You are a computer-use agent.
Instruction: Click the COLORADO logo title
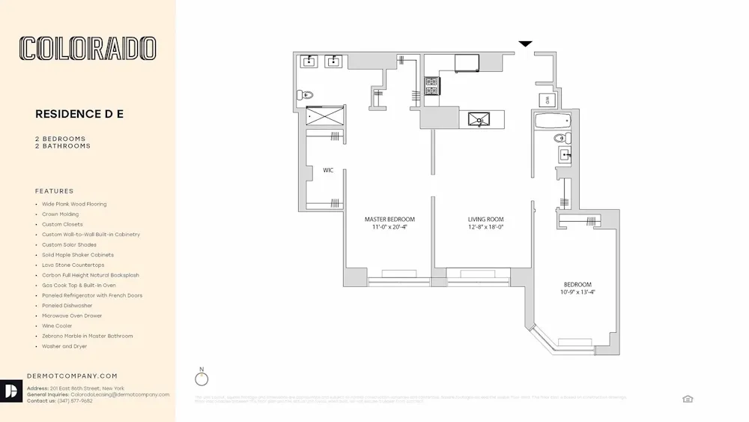[x=88, y=49]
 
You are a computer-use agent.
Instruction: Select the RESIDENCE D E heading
[x=79, y=114]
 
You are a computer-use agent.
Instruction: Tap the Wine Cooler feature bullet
[x=56, y=326]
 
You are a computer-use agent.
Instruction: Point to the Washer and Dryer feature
[x=64, y=346]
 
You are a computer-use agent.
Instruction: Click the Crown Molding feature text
[x=60, y=214]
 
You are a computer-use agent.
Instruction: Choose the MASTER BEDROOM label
[x=389, y=220]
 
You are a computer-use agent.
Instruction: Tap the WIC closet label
[x=328, y=170]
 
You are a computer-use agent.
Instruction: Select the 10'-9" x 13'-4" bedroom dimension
[x=577, y=292]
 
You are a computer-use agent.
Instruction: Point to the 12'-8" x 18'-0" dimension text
[x=485, y=227]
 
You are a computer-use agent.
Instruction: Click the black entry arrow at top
[x=526, y=44]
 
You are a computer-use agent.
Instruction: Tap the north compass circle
[x=201, y=379]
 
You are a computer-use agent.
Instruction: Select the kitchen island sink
[x=479, y=118]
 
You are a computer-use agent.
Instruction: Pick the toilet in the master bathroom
[x=304, y=95]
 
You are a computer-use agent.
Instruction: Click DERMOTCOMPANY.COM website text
[x=72, y=376]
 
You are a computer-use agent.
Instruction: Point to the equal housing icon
[x=688, y=399]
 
